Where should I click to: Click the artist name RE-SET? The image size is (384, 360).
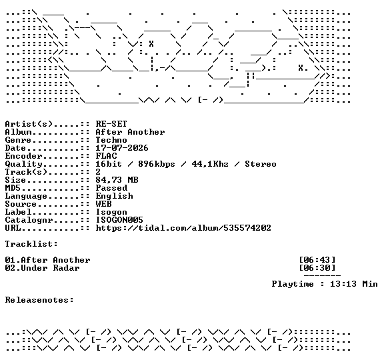click(111, 124)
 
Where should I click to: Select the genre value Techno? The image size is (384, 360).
click(111, 140)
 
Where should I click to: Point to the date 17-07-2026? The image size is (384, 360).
click(122, 148)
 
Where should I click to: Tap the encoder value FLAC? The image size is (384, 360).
click(106, 156)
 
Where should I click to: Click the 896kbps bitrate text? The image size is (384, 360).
click(157, 164)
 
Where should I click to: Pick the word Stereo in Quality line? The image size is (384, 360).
click(261, 164)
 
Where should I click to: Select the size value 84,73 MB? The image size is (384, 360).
click(117, 180)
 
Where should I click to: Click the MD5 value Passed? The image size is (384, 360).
click(111, 188)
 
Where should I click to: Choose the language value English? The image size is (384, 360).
click(114, 196)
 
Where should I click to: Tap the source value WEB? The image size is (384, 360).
click(103, 204)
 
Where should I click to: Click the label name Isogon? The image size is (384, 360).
click(111, 212)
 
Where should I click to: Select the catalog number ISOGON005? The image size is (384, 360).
click(119, 220)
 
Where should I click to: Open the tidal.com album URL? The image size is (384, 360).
click(183, 228)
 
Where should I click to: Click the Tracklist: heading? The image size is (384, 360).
click(31, 244)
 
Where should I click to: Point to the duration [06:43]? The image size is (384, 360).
click(317, 260)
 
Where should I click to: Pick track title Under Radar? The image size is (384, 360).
click(50, 268)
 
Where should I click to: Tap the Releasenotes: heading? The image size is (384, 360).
click(39, 300)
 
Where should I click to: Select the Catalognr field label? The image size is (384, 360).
click(29, 220)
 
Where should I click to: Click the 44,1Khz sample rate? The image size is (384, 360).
click(210, 164)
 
